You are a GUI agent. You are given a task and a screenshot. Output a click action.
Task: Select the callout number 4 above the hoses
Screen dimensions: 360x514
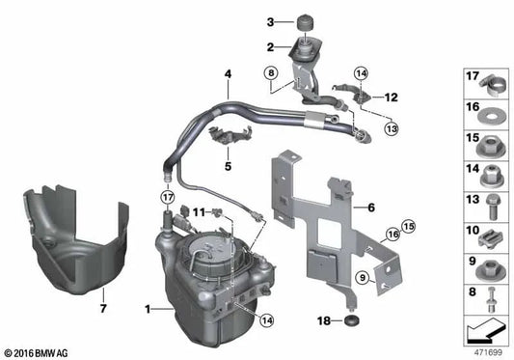(x=228, y=74)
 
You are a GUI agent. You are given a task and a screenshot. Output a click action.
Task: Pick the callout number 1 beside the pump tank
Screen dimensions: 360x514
(x=148, y=310)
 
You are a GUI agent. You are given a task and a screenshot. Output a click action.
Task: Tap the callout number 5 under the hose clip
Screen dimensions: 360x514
(x=228, y=166)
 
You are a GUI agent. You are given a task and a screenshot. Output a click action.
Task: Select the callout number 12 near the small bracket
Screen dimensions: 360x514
(x=392, y=97)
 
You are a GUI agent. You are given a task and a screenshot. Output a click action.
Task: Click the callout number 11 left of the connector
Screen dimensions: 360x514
(x=197, y=210)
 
